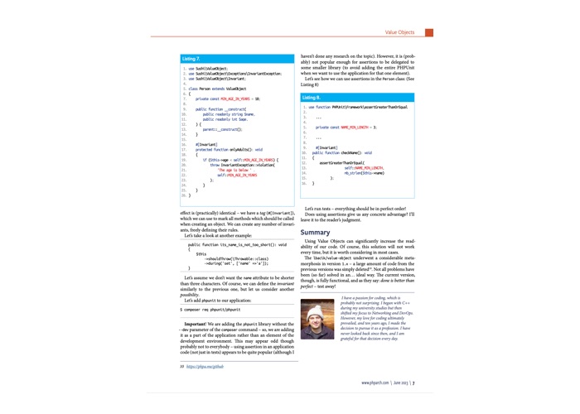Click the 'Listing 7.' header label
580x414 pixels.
click(x=191, y=59)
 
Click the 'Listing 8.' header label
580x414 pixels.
click(x=312, y=98)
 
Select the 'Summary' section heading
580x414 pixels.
click(x=315, y=232)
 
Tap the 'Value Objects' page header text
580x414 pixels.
click(x=400, y=32)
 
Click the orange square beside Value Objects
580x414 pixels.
click(x=429, y=32)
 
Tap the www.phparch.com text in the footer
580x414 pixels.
click(x=376, y=383)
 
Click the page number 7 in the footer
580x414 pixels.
click(x=413, y=383)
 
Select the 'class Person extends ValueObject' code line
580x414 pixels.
click(x=217, y=87)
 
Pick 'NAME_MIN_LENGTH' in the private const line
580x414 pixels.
click(x=356, y=128)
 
